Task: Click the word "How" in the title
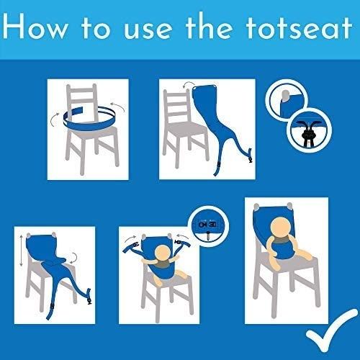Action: [x=35, y=27]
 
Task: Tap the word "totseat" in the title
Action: [x=299, y=27]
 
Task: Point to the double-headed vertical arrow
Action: [x=22, y=251]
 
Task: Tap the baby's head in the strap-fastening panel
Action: [x=163, y=254]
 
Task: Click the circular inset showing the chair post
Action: [x=287, y=100]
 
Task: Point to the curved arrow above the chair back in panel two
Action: [x=189, y=84]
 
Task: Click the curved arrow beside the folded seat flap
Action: [x=74, y=258]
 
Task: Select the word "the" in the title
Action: [x=210, y=27]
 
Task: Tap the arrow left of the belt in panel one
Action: [x=54, y=120]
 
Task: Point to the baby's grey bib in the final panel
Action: [x=282, y=240]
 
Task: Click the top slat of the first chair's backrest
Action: [x=81, y=91]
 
